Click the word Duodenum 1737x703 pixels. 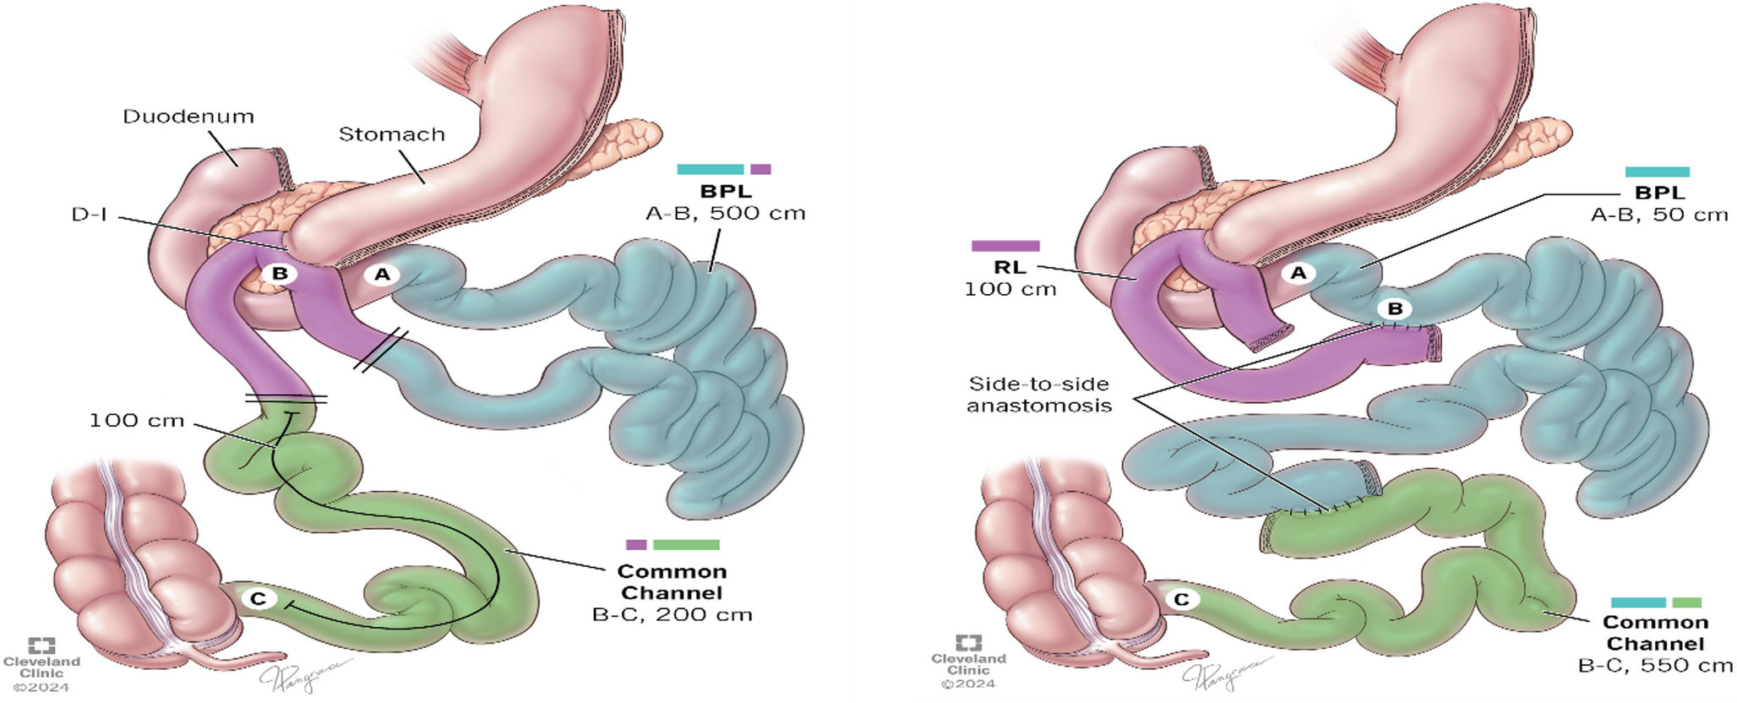tap(188, 117)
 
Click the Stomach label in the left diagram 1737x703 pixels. tap(391, 134)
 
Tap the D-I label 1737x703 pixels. tap(90, 215)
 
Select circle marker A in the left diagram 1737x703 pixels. tap(383, 274)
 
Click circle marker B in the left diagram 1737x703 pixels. tap(280, 274)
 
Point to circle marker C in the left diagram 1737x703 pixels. tap(259, 599)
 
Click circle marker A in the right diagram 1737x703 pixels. tap(1299, 273)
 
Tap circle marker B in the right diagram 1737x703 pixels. tap(1395, 309)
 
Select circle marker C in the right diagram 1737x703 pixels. tap(1182, 600)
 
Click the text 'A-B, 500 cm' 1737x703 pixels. tap(725, 214)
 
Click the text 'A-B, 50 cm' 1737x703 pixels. tap(1659, 215)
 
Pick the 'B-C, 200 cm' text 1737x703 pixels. tap(672, 615)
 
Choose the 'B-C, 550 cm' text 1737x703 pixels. tap(1655, 666)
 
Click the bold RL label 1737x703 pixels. tap(1010, 268)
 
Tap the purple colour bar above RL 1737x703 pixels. tap(1005, 246)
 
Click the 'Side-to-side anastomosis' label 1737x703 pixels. tap(1038, 395)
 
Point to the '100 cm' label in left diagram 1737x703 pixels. tap(137, 421)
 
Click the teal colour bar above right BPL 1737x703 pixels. tap(1658, 172)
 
